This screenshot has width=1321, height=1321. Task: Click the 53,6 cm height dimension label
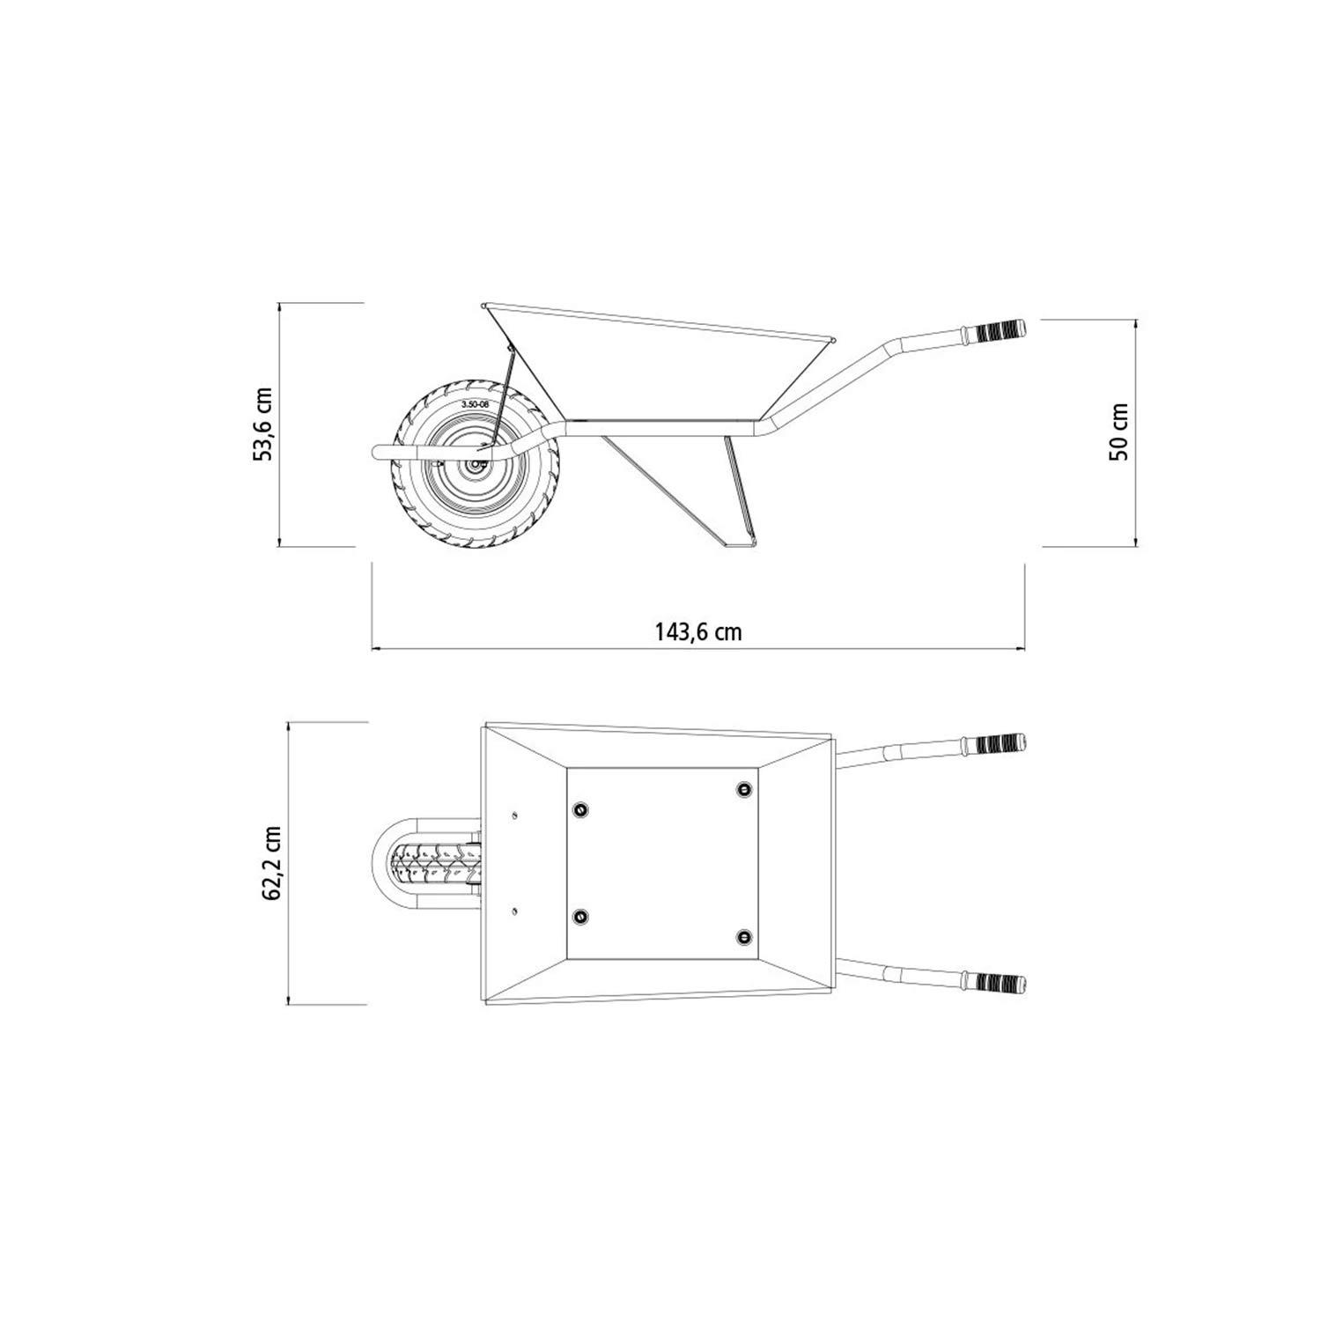263,423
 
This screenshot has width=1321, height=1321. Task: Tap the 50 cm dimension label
1119,432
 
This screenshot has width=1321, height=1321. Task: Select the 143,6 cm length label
698,631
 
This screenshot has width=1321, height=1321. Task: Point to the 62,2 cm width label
271,863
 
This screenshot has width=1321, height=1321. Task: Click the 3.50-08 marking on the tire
476,404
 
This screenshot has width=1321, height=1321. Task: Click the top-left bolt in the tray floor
580,808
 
